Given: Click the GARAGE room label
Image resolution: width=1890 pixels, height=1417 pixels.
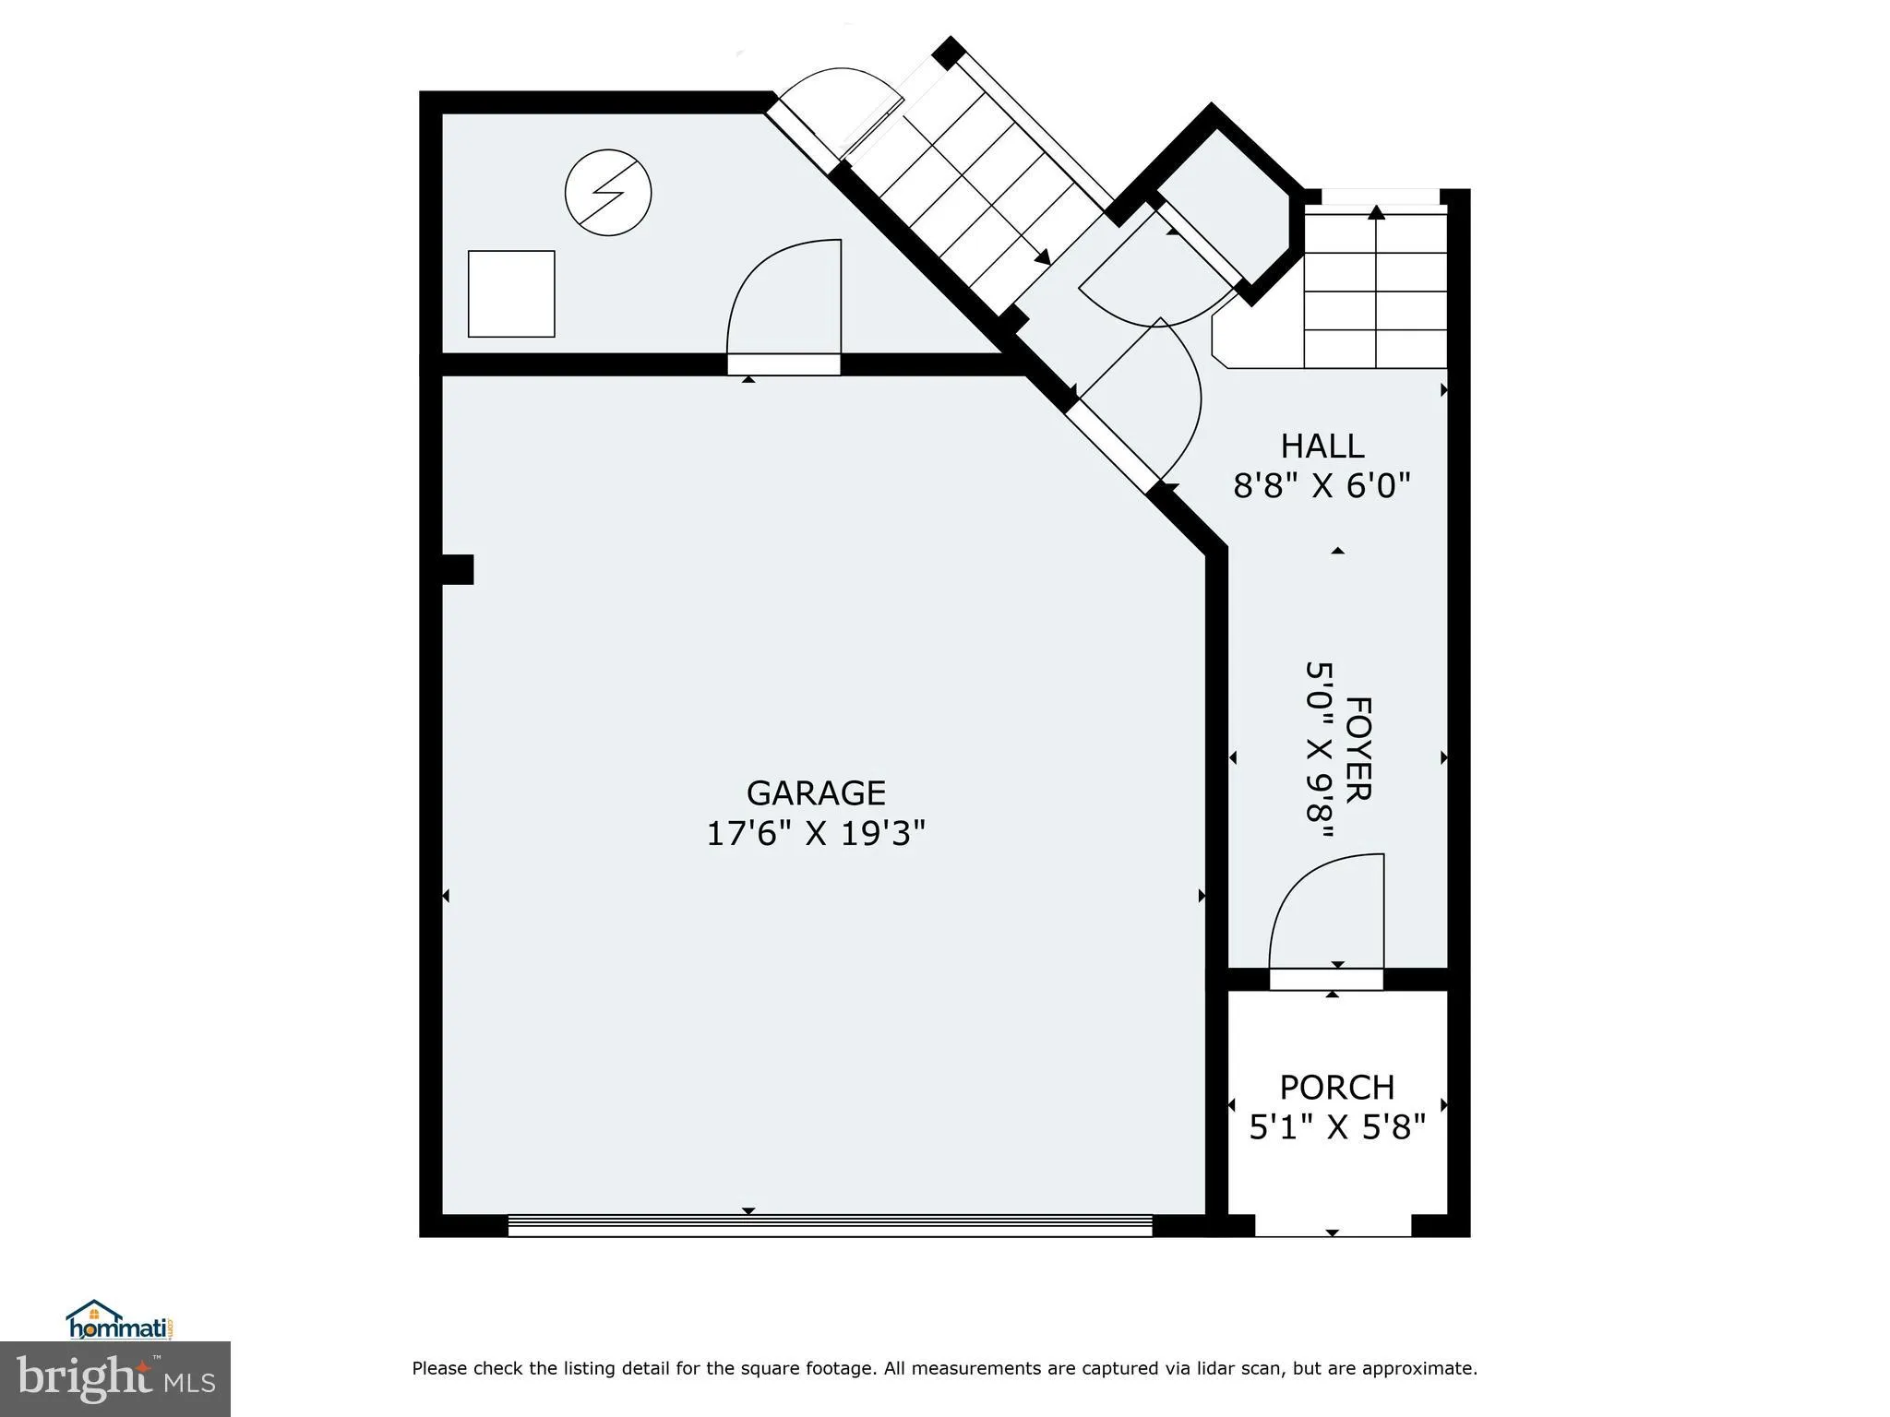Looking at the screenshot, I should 816,793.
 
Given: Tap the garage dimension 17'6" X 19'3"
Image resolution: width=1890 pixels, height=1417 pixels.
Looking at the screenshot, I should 816,834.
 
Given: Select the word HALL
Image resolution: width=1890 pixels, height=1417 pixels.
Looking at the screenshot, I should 1322,447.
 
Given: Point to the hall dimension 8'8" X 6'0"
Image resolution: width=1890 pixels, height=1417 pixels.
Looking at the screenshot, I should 1322,485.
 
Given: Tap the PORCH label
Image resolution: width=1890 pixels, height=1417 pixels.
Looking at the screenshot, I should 1336,1087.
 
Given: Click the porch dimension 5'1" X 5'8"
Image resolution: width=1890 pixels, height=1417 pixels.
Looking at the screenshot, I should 1336,1126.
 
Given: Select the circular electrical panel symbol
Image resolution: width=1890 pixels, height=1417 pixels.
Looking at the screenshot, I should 608,193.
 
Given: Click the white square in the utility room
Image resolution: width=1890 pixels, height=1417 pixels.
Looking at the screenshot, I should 511,293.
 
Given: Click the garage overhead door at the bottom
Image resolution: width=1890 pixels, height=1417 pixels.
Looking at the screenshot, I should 830,1224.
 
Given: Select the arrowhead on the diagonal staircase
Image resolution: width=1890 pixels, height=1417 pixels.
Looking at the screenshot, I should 1042,258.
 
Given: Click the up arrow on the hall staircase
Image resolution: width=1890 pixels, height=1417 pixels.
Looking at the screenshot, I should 1376,213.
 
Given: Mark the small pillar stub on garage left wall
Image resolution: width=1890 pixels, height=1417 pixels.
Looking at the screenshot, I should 458,569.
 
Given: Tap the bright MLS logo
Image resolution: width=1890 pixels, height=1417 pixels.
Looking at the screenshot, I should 114,1378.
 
